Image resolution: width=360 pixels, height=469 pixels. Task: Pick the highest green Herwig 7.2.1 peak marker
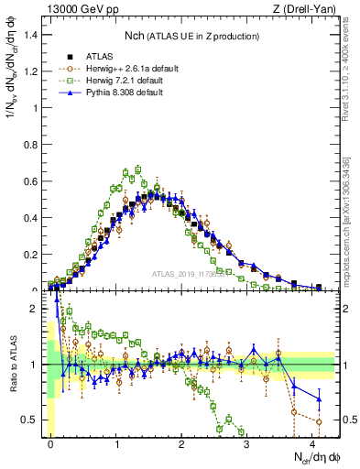click(137, 169)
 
